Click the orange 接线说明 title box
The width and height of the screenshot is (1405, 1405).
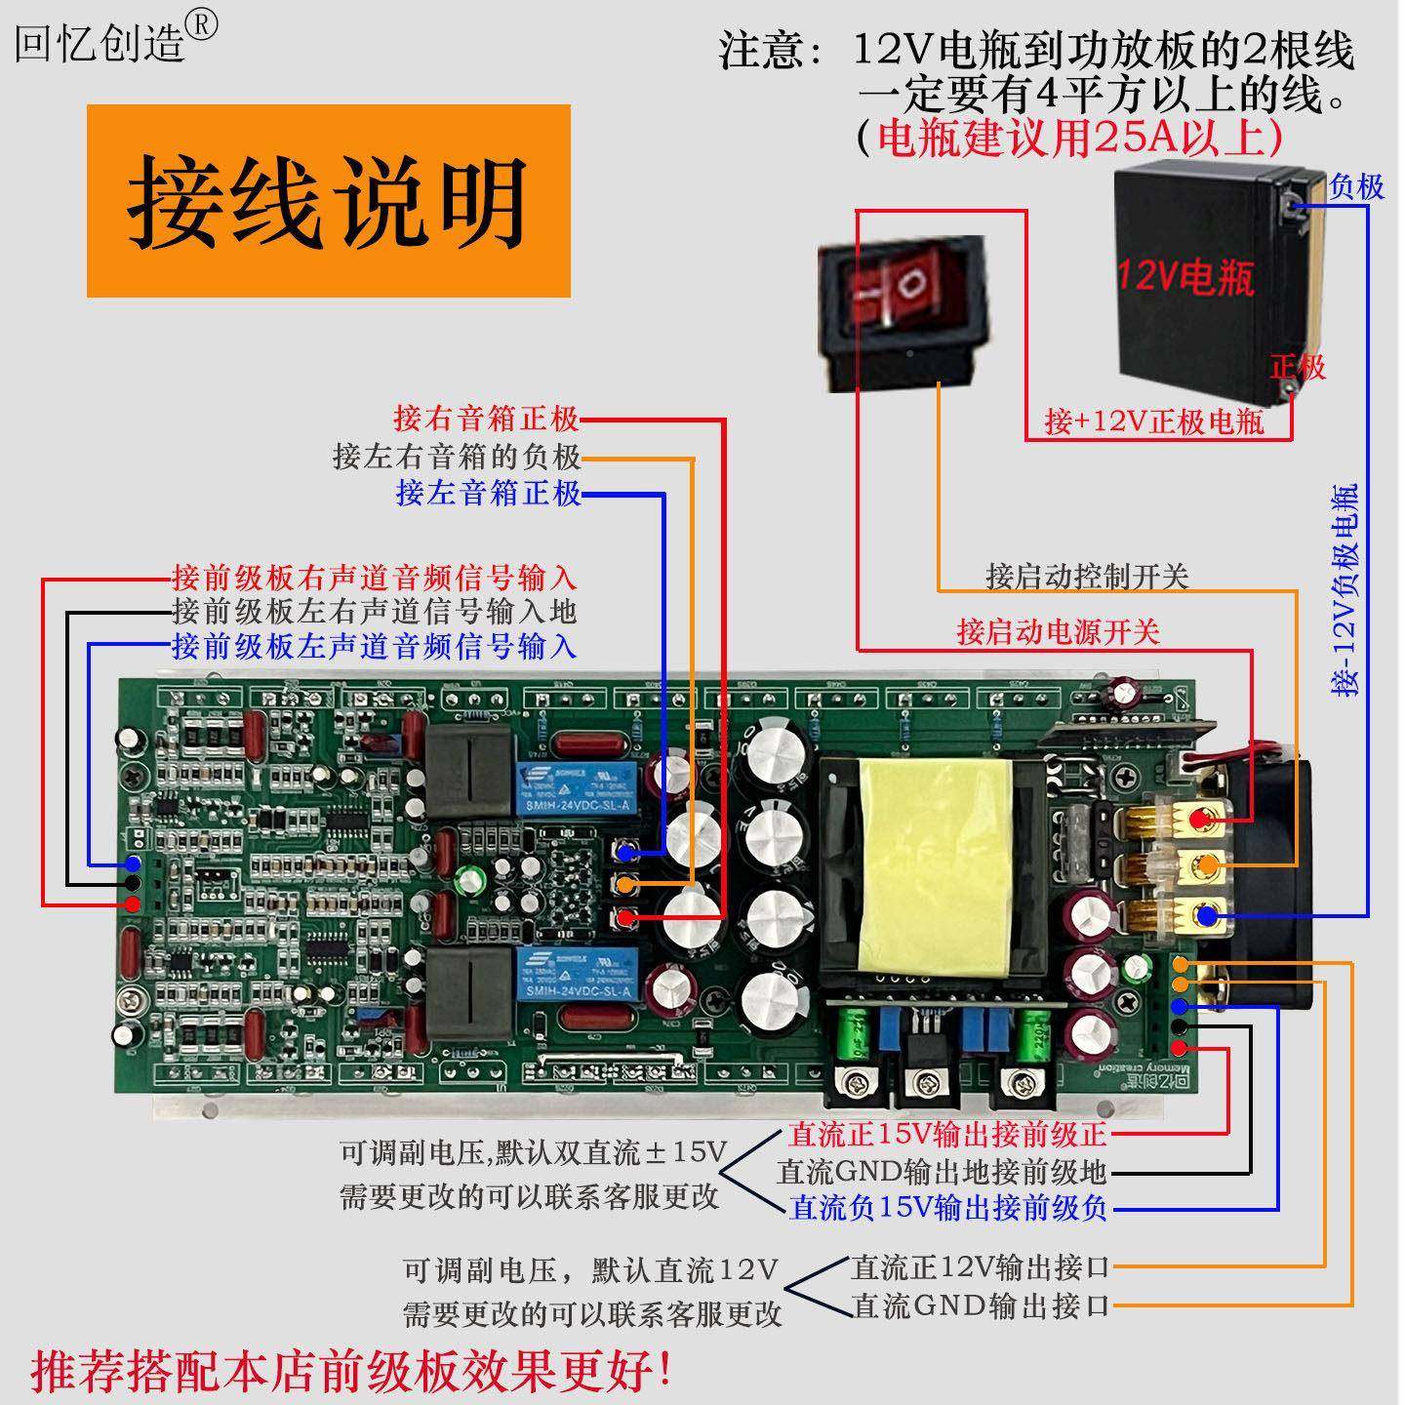coord(328,201)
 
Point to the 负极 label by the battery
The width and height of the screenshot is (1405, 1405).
coord(1356,186)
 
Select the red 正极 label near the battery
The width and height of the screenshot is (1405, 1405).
coord(1298,367)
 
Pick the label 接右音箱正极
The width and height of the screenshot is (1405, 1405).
coord(486,420)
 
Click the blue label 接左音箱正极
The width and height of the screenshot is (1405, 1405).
coord(488,493)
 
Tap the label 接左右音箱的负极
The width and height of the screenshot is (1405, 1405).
coord(456,456)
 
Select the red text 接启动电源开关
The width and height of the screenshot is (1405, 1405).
coord(1058,632)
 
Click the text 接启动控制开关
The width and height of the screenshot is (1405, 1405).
coord(1087,577)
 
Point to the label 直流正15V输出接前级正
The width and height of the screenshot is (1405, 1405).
coord(948,1134)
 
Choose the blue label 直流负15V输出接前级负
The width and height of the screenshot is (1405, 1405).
coord(948,1208)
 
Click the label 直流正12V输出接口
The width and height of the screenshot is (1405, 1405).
coord(981,1267)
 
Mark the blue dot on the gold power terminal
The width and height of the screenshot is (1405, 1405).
coord(1207,915)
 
